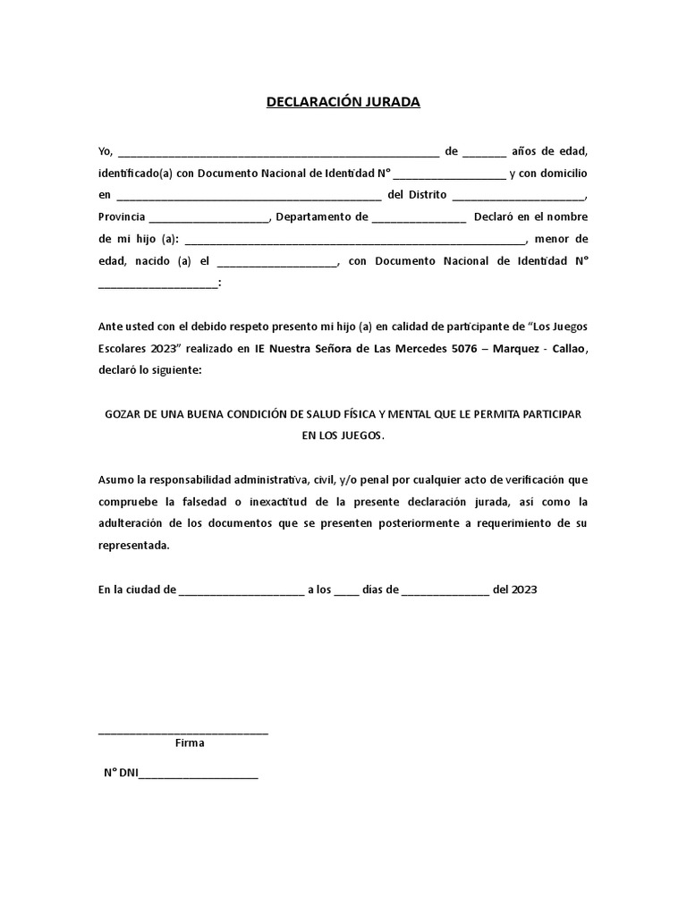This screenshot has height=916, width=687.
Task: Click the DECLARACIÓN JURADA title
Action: [343, 102]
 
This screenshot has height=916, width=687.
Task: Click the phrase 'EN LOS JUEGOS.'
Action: [343, 436]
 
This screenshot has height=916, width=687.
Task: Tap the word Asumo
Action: [115, 479]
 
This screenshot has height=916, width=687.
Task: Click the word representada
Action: [132, 545]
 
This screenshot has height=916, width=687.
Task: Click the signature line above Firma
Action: [183, 732]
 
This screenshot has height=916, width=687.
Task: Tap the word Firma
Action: [190, 743]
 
